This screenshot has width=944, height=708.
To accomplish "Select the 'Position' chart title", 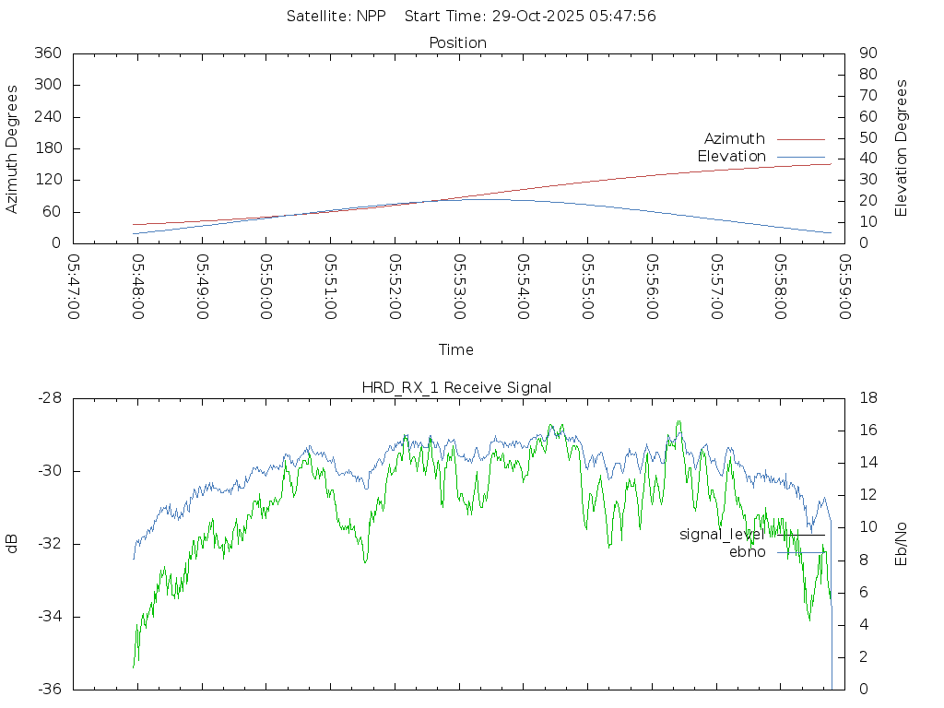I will click(x=457, y=42).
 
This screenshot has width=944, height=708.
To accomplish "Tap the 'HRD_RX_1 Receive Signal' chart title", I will click(x=456, y=387).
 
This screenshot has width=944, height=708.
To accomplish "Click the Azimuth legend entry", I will click(x=734, y=138).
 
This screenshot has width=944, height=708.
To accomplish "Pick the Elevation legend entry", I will click(x=731, y=157).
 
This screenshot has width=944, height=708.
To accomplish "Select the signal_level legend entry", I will click(x=720, y=535).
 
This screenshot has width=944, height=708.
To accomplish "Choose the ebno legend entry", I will click(x=747, y=552).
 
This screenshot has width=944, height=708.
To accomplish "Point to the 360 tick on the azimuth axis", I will click(x=47, y=53).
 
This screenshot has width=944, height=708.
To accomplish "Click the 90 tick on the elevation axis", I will click(x=867, y=53).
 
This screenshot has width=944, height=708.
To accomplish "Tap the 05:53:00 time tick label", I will click(x=459, y=287).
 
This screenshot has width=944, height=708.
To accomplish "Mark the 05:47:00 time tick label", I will click(x=73, y=287).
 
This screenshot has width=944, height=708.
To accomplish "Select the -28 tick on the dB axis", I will click(x=49, y=398).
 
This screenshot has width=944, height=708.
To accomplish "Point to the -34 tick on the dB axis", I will click(x=49, y=617).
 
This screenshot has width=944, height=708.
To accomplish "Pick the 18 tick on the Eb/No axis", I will click(x=867, y=398).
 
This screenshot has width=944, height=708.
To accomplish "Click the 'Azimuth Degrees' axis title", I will click(x=13, y=148).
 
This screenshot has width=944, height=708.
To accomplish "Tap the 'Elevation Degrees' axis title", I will click(x=902, y=147).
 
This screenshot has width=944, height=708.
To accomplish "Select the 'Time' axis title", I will click(x=456, y=349).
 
